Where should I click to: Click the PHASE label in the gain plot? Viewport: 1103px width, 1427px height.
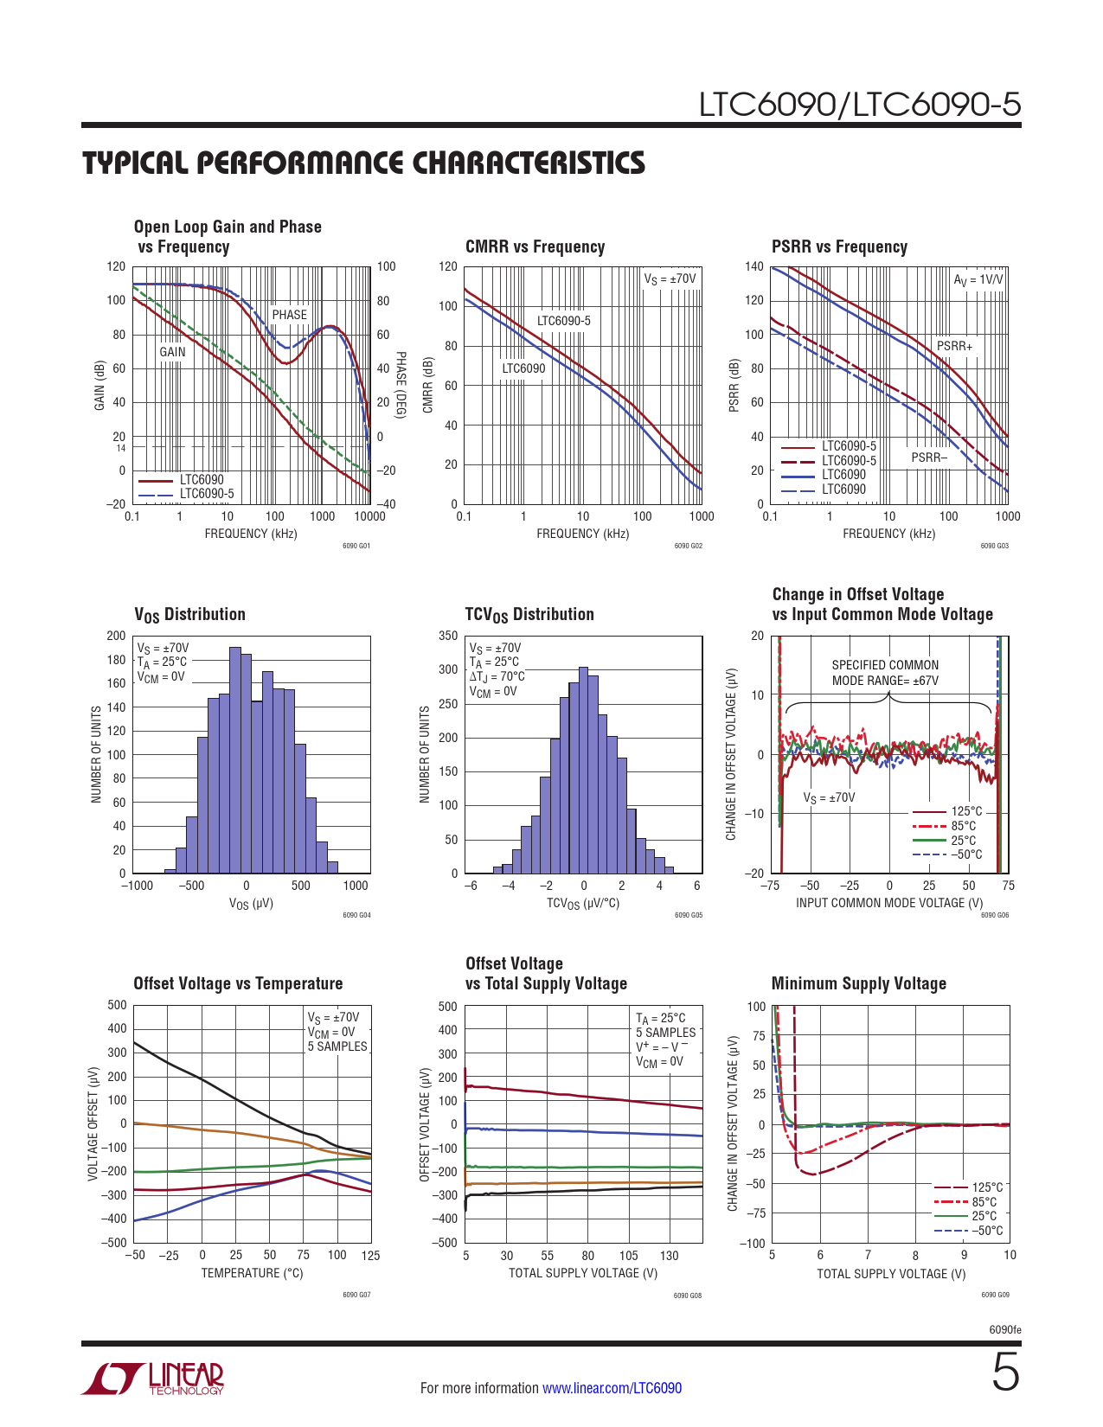point(289,315)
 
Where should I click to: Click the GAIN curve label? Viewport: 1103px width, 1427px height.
point(172,352)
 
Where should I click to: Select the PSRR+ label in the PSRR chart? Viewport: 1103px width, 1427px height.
point(954,346)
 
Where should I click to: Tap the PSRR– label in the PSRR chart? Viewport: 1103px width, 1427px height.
point(929,458)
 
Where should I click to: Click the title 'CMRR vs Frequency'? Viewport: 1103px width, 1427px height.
point(535,246)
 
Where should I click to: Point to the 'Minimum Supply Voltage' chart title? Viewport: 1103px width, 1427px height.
point(858,983)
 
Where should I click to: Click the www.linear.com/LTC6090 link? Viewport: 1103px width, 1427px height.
point(612,1388)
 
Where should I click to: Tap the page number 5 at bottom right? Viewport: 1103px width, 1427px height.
point(1005,1373)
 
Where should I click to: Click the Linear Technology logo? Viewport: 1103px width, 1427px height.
point(153,1379)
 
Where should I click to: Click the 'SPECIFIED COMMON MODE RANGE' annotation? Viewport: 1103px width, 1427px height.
point(885,673)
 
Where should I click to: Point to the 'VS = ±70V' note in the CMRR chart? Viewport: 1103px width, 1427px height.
point(670,279)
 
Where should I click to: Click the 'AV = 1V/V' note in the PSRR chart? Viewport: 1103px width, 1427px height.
point(978,280)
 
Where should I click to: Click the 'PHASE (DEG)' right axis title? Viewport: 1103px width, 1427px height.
point(401,385)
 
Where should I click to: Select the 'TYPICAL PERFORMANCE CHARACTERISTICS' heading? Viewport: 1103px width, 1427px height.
point(363,163)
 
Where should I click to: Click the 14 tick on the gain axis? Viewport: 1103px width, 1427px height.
point(121,448)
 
